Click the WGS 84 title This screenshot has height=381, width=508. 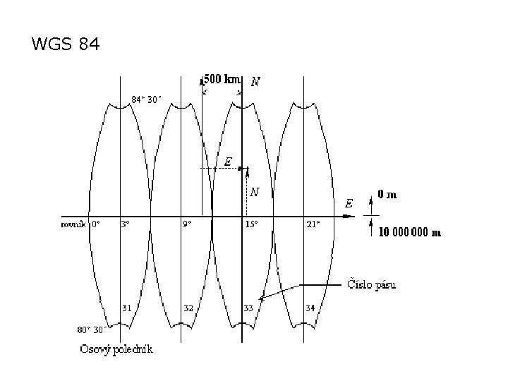tap(66, 45)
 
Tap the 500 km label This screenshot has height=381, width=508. tap(222, 79)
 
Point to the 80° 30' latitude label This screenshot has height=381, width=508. tap(90, 329)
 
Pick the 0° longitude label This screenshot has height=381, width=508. tap(96, 224)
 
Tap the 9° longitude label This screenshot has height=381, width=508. tap(187, 224)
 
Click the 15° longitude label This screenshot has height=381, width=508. tap(251, 224)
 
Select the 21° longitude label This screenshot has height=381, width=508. tap(313, 224)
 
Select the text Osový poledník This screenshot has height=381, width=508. tap(117, 349)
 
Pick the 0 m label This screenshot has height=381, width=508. tap(387, 194)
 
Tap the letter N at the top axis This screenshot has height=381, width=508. tap(255, 82)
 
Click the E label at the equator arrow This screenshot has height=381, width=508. tap(349, 202)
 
